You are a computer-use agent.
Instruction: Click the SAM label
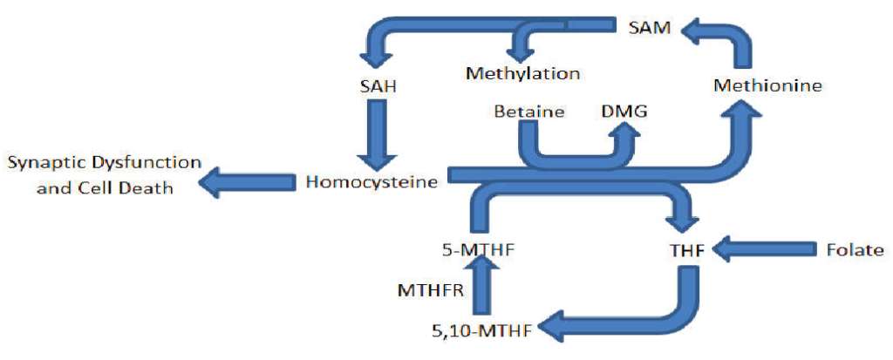[x=650, y=28]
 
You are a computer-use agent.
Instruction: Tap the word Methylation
[x=522, y=72]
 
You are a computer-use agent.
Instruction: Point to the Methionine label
[x=767, y=85]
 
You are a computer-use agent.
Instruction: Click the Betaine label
[x=529, y=112]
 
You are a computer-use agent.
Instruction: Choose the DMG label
[x=622, y=112]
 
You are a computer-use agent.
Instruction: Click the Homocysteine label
[x=371, y=181]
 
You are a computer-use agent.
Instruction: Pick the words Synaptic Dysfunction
[x=105, y=163]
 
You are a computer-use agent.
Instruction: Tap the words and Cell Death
[x=105, y=187]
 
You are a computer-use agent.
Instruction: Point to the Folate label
[x=855, y=250]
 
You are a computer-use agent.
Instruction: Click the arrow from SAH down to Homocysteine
[x=377, y=135]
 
